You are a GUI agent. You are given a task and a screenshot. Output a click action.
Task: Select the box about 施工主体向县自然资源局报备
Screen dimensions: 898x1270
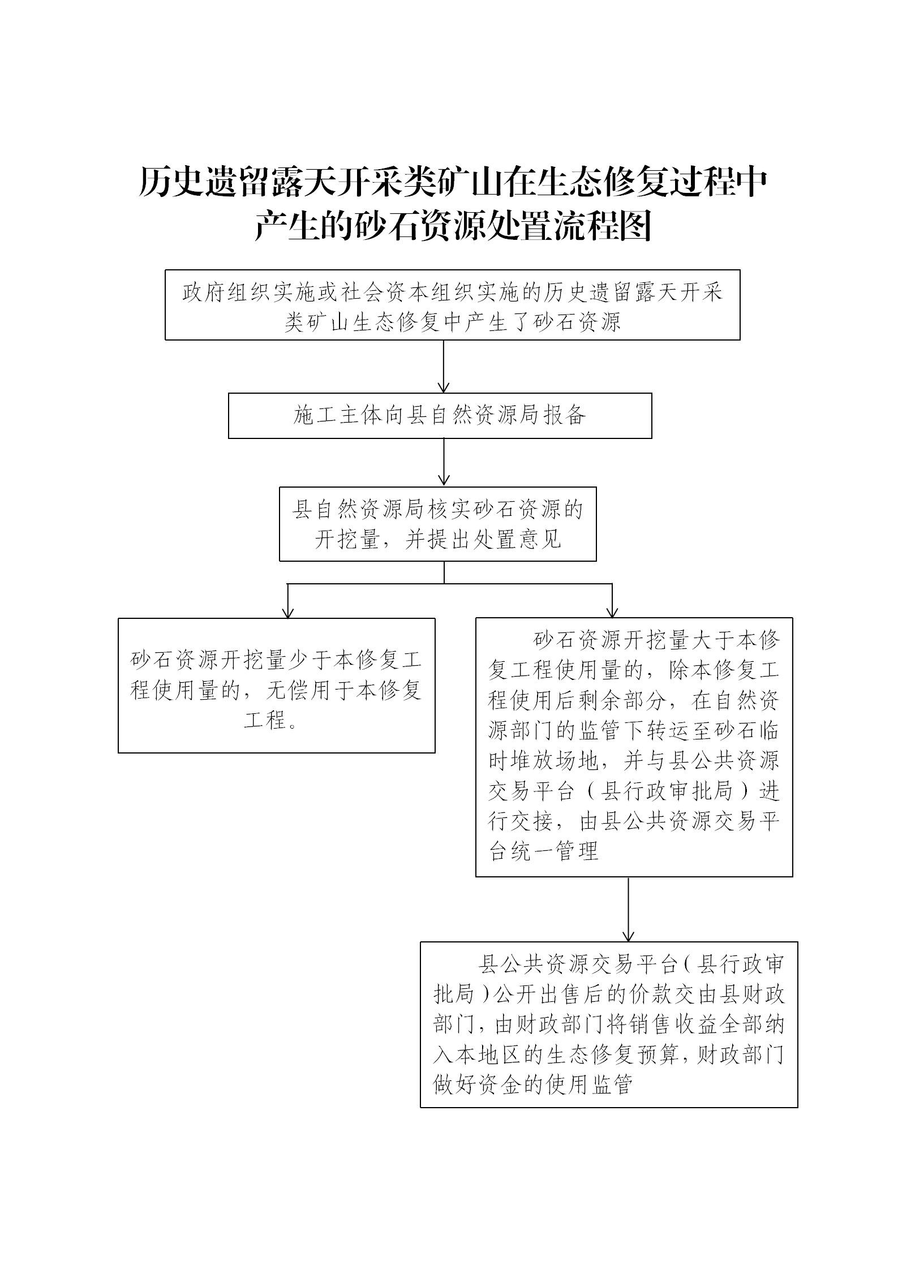440,416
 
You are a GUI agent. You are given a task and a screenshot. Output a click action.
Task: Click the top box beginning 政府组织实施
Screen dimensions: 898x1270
453,305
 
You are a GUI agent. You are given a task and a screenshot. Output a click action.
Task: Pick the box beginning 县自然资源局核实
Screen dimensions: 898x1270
438,524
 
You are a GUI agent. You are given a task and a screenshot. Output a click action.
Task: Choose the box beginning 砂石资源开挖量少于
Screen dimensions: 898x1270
277,685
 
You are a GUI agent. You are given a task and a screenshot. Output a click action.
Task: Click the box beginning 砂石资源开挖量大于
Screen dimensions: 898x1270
634,747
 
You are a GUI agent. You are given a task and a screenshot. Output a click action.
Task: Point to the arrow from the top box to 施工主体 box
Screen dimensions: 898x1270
444,367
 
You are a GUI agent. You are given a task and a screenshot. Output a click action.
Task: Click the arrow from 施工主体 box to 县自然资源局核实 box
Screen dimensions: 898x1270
444,463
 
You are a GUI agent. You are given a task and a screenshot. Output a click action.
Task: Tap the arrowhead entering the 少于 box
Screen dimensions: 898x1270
288,613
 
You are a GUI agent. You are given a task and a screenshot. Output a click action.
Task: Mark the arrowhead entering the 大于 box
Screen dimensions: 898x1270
612,612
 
